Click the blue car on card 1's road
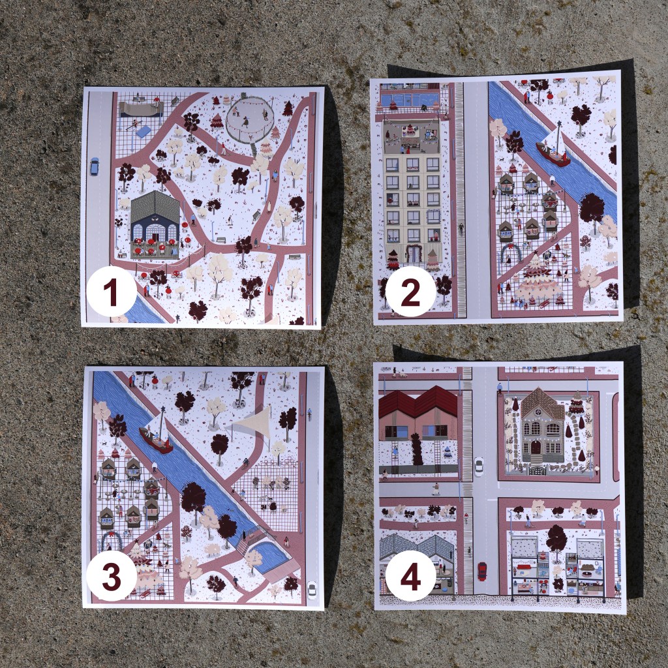[x=94, y=166]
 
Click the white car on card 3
[x=312, y=590]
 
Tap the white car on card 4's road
[x=478, y=466]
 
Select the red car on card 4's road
[x=482, y=571]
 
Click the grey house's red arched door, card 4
[x=535, y=448]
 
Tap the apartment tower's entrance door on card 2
[x=412, y=254]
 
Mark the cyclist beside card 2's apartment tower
[x=461, y=228]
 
